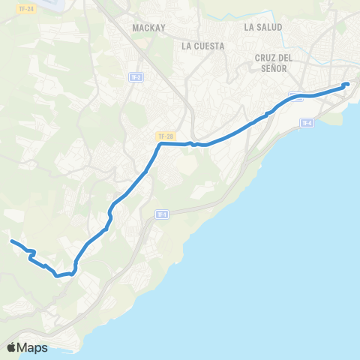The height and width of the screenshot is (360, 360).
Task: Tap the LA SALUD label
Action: pos(263,27)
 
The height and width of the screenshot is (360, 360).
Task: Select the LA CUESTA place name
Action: pos(203,46)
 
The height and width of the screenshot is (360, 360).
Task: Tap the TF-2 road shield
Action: pos(136,77)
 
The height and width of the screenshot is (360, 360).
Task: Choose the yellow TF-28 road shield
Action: pos(165,136)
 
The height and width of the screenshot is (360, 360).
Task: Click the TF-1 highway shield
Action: pos(161,214)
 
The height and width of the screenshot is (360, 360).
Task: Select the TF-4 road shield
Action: pos(306,123)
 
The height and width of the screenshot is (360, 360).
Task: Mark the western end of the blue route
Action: pos(11,241)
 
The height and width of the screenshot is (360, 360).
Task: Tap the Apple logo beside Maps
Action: pos(11,347)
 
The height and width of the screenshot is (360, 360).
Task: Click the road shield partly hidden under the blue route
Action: pos(296,96)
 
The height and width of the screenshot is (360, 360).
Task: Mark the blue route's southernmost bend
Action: pos(58,275)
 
